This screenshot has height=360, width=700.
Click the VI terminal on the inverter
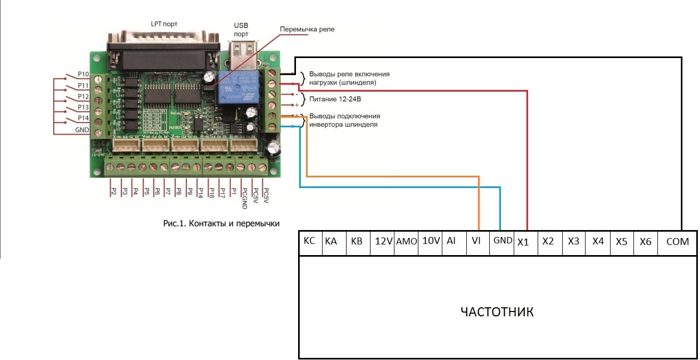[x=476, y=241]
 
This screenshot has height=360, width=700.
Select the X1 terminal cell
[x=523, y=241]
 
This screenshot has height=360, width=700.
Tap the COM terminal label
[x=677, y=241]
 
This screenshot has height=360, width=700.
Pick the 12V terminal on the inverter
[x=383, y=241]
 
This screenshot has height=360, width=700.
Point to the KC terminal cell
[x=309, y=241]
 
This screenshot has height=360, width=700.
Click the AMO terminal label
[x=407, y=241]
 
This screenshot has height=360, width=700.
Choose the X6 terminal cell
[x=645, y=241]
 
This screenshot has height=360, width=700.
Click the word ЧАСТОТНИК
[x=497, y=312]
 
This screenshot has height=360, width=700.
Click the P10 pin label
[x=83, y=74]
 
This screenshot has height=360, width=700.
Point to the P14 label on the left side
[x=83, y=118]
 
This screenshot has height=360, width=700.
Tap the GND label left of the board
[x=82, y=129]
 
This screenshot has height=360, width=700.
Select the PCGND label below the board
[x=244, y=195]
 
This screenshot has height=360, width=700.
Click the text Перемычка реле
[x=308, y=29]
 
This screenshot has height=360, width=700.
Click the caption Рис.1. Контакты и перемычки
[x=221, y=223]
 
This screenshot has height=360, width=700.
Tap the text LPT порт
[x=164, y=24]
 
